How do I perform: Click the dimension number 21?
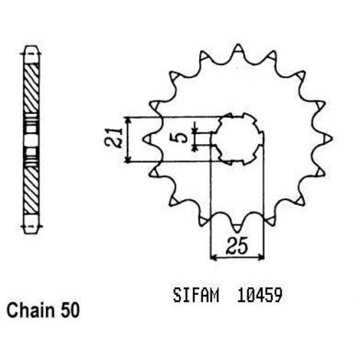click(113, 137)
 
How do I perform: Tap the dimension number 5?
click(181, 138)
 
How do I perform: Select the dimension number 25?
click(237, 247)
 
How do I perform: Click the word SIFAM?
click(196, 296)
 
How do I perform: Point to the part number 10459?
click(260, 296)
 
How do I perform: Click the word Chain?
click(31, 310)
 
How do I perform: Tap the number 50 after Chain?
click(70, 311)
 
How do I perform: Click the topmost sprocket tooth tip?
click(238, 45)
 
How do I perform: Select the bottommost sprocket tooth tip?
click(237, 232)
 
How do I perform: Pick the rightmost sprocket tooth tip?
click(332, 139)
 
